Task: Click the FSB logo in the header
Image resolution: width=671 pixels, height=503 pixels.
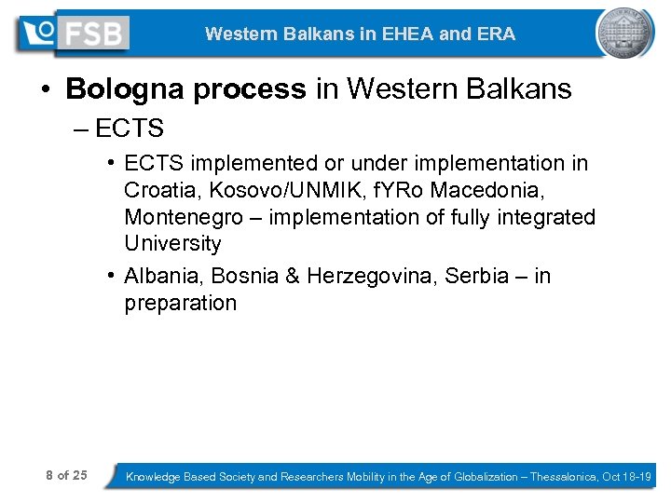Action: [73, 34]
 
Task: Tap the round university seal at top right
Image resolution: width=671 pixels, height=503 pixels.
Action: [624, 33]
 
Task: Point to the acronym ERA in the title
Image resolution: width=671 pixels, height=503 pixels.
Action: [496, 34]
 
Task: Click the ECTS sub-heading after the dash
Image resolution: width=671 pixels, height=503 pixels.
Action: [130, 128]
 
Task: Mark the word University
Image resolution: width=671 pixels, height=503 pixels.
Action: [173, 244]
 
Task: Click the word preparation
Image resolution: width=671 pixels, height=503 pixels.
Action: [181, 304]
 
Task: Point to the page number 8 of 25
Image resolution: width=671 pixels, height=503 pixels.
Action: [66, 476]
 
